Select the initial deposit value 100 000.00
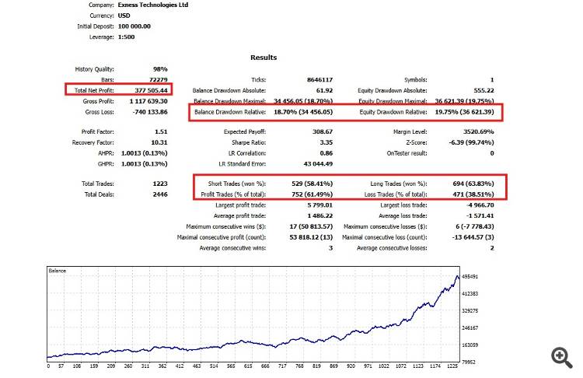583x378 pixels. point(134,26)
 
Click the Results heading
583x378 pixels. point(264,58)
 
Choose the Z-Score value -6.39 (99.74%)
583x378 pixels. point(467,143)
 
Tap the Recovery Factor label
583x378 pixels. point(94,143)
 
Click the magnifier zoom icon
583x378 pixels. point(561,356)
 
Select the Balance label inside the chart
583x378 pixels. point(58,271)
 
